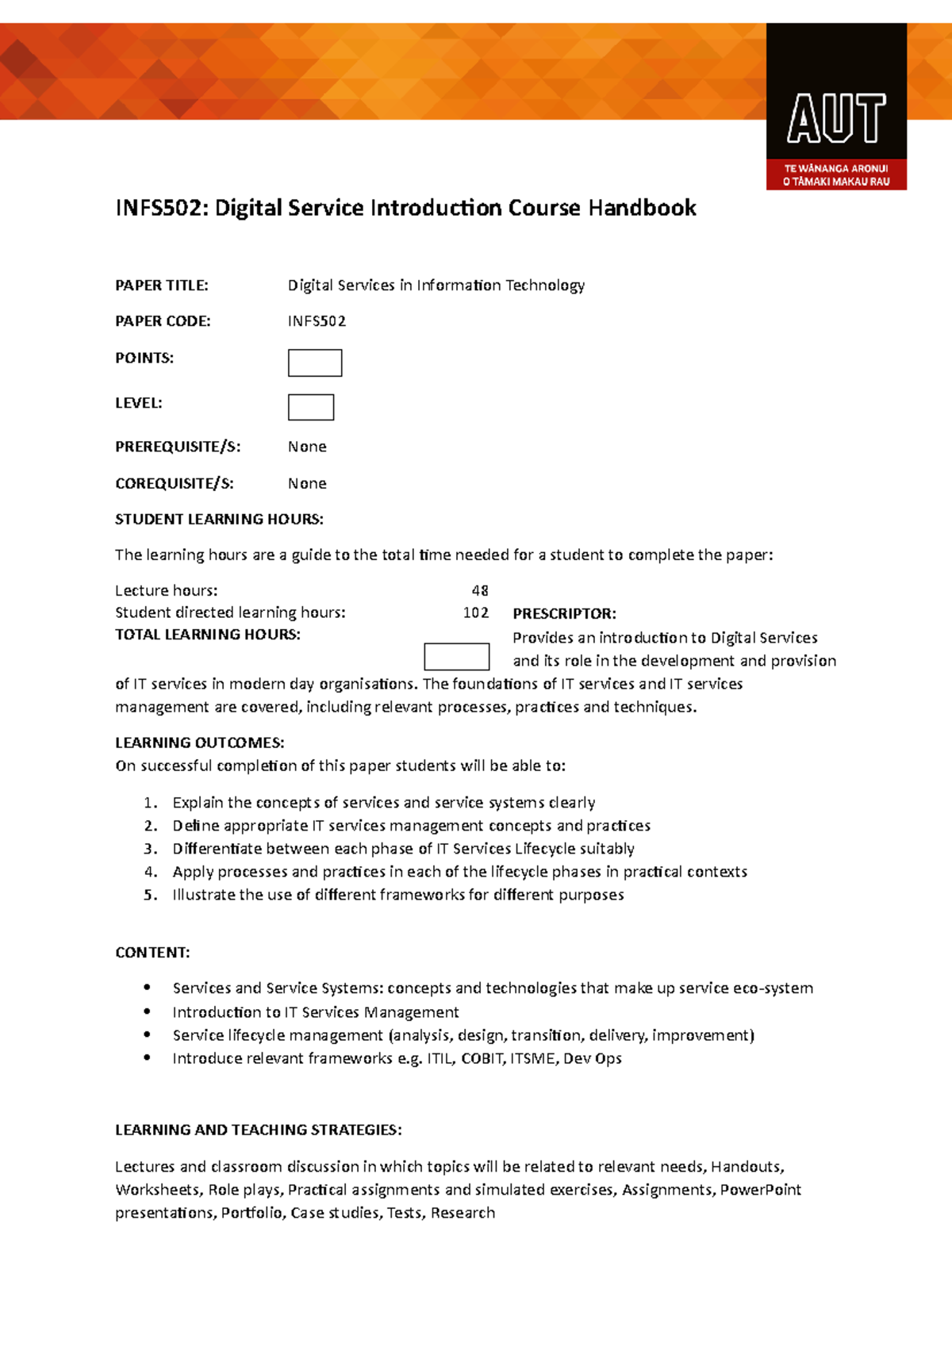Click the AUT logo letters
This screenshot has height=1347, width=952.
click(836, 119)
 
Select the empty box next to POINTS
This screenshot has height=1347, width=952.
click(315, 363)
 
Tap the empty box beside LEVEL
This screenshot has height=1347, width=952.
click(311, 407)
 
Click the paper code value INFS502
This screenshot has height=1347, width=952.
click(317, 321)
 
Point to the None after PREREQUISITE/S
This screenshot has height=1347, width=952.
click(307, 447)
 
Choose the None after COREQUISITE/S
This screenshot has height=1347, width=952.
click(307, 483)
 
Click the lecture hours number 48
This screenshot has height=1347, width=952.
click(480, 590)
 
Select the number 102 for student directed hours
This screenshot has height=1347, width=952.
click(476, 612)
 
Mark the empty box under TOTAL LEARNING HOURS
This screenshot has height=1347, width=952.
click(457, 657)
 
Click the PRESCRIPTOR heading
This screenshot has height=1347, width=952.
click(564, 613)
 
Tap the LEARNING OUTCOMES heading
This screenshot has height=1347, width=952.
click(199, 743)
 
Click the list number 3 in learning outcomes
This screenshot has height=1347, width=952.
click(150, 849)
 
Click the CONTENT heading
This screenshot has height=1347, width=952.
click(152, 952)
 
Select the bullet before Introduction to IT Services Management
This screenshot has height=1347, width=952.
click(148, 1011)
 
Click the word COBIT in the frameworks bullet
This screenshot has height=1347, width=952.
click(482, 1058)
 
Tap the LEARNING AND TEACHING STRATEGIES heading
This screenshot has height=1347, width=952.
click(258, 1130)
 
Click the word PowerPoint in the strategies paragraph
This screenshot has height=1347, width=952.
click(760, 1190)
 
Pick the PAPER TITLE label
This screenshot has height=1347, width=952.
click(162, 285)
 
